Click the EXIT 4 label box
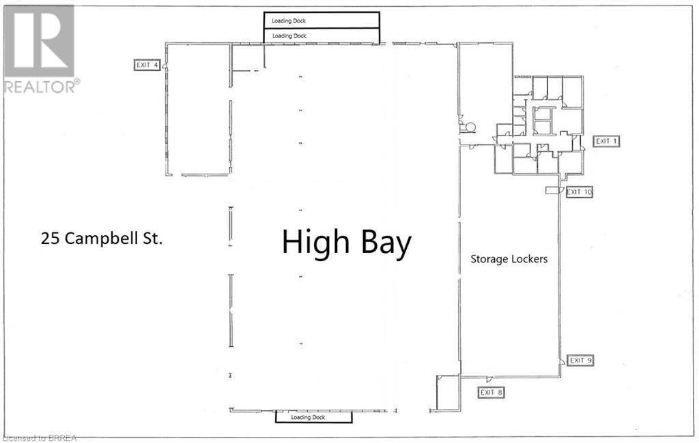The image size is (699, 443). pyautogui.click(x=147, y=65)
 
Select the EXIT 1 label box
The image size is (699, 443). pyautogui.click(x=606, y=141)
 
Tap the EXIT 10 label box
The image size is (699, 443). pyautogui.click(x=579, y=192)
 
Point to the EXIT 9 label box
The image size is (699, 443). pyautogui.click(x=580, y=360)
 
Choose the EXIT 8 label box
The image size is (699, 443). pyautogui.click(x=491, y=393)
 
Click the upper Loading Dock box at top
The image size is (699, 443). pyautogui.click(x=322, y=20)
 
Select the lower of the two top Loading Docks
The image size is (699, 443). pyautogui.click(x=322, y=36)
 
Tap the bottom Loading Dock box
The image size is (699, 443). pyautogui.click(x=314, y=417)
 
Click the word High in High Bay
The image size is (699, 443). pyautogui.click(x=315, y=242)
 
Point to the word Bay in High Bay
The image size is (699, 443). pyautogui.click(x=386, y=245)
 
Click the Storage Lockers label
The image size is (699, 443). pyautogui.click(x=509, y=259)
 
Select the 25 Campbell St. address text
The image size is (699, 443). pyautogui.click(x=102, y=239)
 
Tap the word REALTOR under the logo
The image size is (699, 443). pyautogui.click(x=40, y=87)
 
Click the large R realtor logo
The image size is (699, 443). pyautogui.click(x=38, y=41)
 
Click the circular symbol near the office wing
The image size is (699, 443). pyautogui.click(x=470, y=127)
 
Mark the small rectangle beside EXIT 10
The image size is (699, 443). pyautogui.click(x=552, y=191)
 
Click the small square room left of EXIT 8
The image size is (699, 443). pyautogui.click(x=448, y=393)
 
